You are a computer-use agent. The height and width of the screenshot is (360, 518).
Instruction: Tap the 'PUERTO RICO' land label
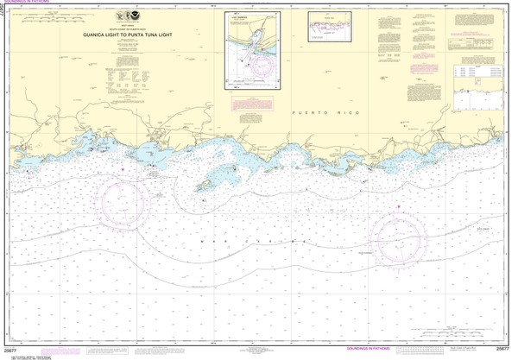pos(318,113)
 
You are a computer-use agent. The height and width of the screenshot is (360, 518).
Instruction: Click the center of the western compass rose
pos(131,199)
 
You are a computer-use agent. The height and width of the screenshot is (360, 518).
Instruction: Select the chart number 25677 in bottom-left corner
pos(12,350)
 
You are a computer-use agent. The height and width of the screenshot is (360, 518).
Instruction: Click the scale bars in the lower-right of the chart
pos(449,334)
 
